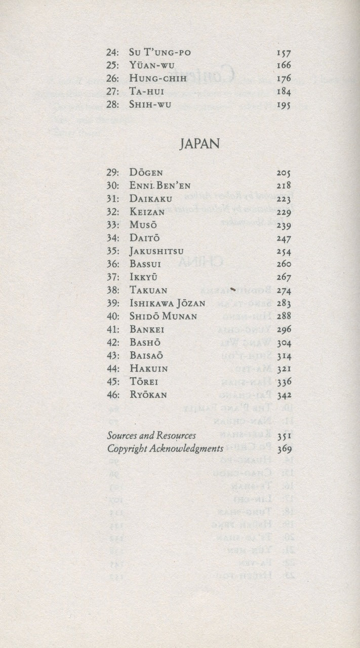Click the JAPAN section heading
[x=199, y=143]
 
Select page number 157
[x=284, y=53]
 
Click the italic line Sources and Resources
[x=152, y=434]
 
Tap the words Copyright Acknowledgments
[x=165, y=448]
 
